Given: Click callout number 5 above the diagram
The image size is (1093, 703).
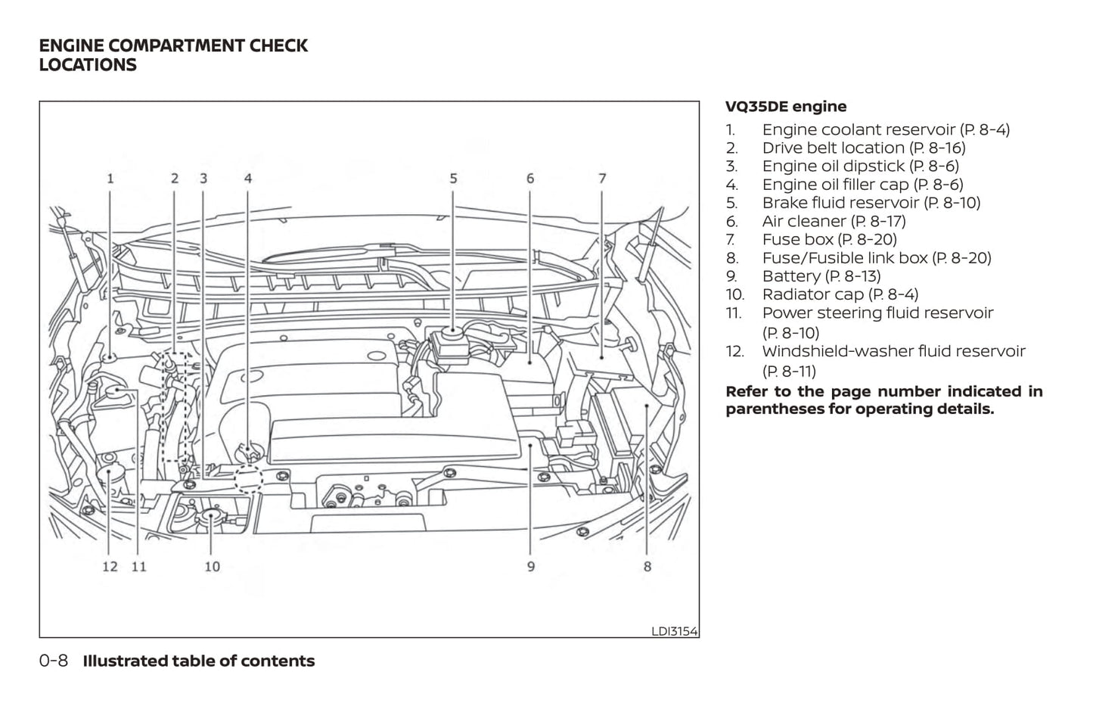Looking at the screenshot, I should pyautogui.click(x=453, y=179).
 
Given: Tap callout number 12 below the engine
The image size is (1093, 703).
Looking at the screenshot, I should pyautogui.click(x=110, y=566).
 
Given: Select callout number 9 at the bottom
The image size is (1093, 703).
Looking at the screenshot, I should pyautogui.click(x=531, y=566).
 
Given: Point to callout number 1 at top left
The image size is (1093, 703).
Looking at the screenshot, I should pyautogui.click(x=110, y=179).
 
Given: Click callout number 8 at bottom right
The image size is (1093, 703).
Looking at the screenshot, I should pyautogui.click(x=647, y=566).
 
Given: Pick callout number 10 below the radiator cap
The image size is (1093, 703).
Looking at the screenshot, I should pyautogui.click(x=212, y=566).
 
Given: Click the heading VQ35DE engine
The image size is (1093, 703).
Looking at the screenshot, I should pyautogui.click(x=786, y=107).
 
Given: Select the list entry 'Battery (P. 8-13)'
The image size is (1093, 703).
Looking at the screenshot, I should pyautogui.click(x=821, y=276).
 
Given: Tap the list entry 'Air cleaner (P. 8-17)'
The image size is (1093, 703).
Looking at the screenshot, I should pyautogui.click(x=833, y=221).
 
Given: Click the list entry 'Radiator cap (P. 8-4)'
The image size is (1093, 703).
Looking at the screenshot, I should pyautogui.click(x=840, y=294).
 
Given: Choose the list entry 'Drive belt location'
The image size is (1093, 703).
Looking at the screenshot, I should pyautogui.click(x=863, y=148).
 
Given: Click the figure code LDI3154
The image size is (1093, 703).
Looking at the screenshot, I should pyautogui.click(x=674, y=631).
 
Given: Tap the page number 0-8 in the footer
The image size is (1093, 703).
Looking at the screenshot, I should pyautogui.click(x=54, y=661).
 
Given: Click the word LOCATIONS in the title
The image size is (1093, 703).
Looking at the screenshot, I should pyautogui.click(x=88, y=65).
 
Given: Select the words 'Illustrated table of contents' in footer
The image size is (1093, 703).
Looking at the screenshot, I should pyautogui.click(x=198, y=661).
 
